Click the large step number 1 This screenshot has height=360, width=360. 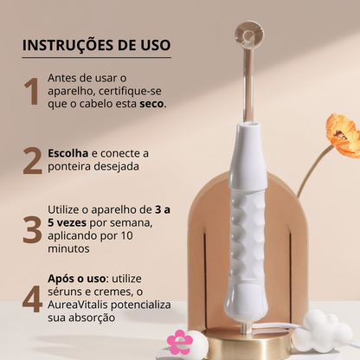[x=32, y=90]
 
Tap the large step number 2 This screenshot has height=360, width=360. [x=33, y=161]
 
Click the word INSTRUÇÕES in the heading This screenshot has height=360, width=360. [x=68, y=44]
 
